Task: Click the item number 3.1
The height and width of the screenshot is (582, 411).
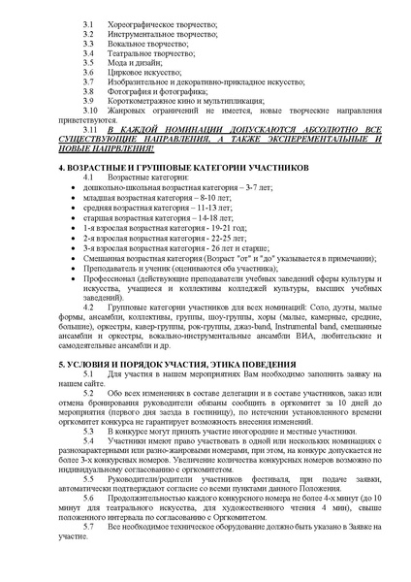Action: [x=88, y=20]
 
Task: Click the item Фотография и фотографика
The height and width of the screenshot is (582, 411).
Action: [x=156, y=90]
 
